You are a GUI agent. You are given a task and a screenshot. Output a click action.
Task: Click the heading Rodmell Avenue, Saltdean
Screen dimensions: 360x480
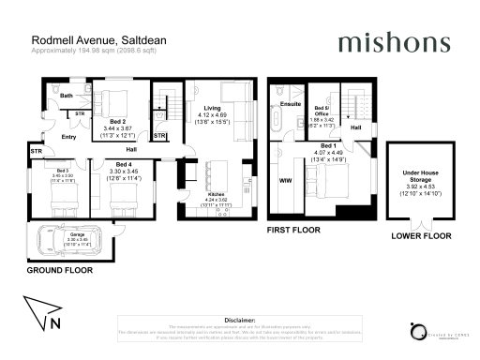pos(86,40)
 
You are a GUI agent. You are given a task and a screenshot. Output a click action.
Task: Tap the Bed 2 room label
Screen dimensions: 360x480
pos(117,123)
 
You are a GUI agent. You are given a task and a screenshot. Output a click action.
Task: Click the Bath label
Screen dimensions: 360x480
pos(67,96)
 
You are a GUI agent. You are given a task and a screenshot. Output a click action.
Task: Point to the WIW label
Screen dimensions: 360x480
pos(286,177)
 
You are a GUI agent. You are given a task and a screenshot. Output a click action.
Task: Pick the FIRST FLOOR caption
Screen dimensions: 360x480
pos(293,229)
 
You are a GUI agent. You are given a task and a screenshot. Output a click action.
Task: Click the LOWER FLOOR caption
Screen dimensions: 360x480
pos(414,236)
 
